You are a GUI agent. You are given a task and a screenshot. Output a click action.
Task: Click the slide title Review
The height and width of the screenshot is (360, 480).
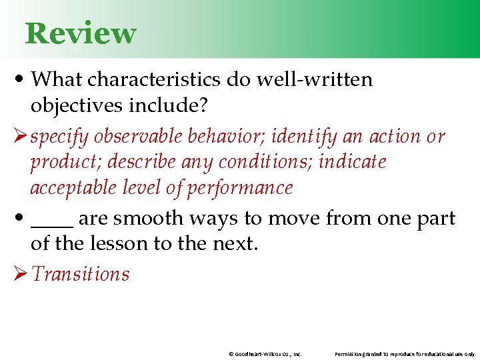tap(80, 33)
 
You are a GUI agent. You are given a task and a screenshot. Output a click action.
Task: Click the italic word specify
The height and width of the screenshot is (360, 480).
tap(59, 136)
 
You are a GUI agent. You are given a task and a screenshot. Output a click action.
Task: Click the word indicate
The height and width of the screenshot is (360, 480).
tap(352, 162)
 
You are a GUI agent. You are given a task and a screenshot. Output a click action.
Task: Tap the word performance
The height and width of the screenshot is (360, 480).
tap(240, 188)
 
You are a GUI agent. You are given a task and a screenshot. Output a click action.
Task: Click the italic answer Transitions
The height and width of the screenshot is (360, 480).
tap(80, 273)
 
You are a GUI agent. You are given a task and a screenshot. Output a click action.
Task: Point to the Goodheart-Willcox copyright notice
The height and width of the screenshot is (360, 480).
tap(265, 354)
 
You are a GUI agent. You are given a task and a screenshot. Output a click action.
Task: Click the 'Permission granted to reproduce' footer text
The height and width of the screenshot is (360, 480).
tap(405, 354)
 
